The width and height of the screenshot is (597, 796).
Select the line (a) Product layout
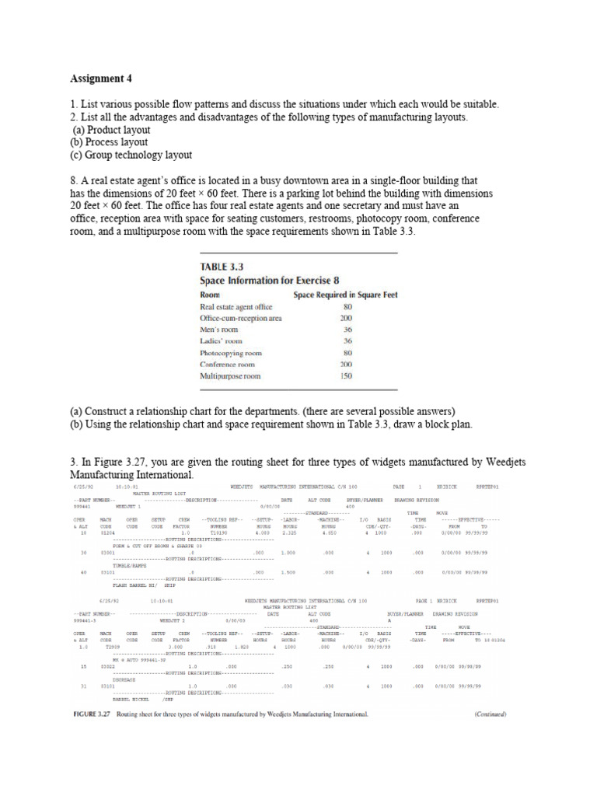point(112,130)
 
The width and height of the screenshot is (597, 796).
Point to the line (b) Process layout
point(109,142)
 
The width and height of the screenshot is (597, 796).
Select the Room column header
point(211,295)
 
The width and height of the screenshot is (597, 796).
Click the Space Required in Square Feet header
point(344,295)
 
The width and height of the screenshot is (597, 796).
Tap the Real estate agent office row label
point(237,307)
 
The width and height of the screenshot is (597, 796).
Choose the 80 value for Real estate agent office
point(347,307)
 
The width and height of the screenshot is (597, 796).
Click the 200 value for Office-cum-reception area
point(346,319)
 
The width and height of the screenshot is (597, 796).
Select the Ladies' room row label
point(222,341)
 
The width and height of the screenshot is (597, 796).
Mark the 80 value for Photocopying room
point(347,352)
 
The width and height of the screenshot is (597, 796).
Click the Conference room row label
point(228,364)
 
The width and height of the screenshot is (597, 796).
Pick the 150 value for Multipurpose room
point(346,375)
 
